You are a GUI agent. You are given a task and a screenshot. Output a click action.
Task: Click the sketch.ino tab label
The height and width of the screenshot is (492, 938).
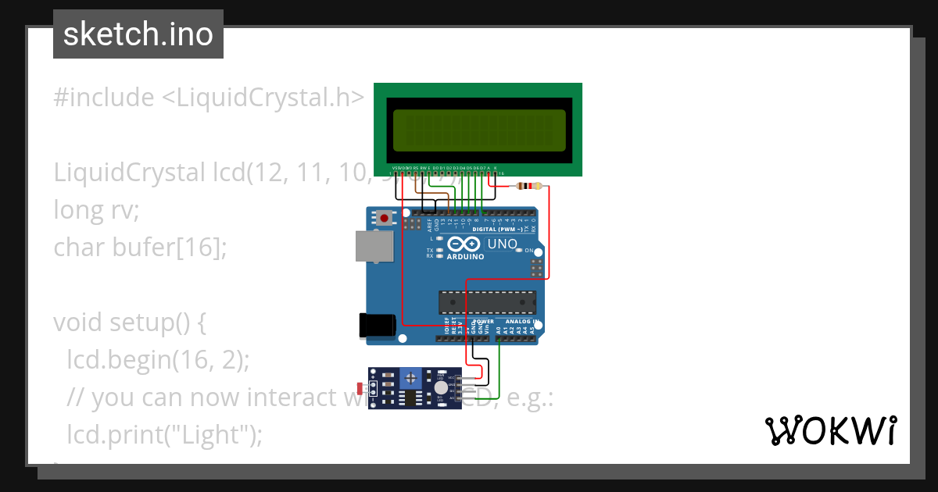coord(138,34)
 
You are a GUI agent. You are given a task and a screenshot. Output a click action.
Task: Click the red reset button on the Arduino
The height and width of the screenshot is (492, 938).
coord(384,218)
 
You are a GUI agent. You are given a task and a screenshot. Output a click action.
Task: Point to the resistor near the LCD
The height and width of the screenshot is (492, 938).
coord(530,186)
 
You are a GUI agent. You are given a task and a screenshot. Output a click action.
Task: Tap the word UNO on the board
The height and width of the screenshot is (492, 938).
coord(502,244)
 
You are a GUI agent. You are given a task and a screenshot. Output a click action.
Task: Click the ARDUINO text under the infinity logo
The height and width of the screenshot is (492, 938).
coord(467,256)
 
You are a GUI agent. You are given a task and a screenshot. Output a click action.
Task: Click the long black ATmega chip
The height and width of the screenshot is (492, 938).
coord(487,300)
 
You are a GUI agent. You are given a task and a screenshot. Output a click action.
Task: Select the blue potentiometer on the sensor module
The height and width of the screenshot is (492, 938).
coord(410,379)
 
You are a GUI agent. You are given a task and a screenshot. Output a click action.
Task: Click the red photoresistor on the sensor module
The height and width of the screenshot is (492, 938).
coord(360,388)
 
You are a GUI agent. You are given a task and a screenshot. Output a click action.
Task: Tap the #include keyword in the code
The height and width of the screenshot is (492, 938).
coord(104,98)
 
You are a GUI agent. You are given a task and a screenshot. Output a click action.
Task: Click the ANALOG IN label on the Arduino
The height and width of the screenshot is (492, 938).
coord(519,322)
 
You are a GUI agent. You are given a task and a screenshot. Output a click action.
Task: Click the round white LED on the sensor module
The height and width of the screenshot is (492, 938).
coord(441,387)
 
